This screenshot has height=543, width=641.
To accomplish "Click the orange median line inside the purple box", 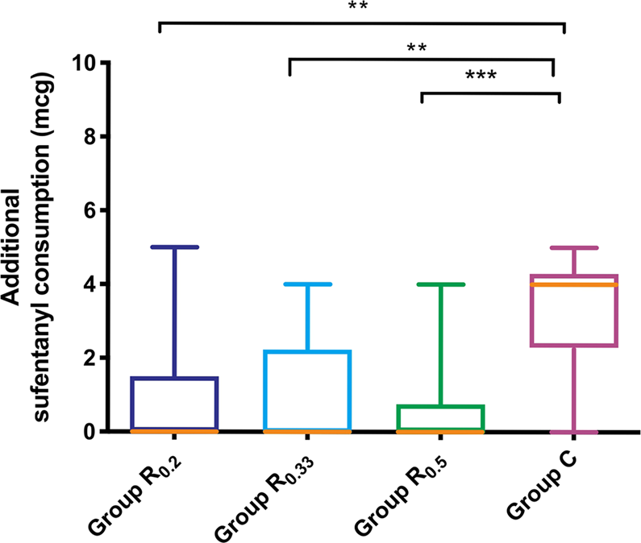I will [573, 284].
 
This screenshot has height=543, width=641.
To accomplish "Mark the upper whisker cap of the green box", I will [439, 284].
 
